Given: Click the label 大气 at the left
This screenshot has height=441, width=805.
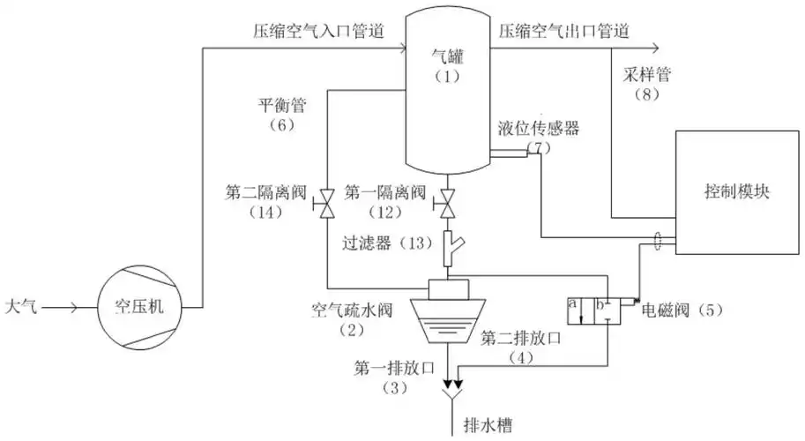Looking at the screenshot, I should (x=22, y=308).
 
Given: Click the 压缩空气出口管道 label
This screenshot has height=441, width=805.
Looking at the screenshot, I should (x=563, y=31).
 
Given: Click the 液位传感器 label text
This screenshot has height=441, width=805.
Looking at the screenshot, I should (x=538, y=129).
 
